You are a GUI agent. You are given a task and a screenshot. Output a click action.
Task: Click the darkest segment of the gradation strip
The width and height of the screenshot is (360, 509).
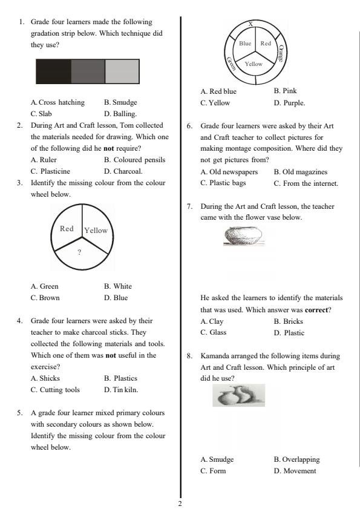(x=53, y=71)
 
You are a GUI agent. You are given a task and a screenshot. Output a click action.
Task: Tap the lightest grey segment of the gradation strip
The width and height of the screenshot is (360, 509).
(x=122, y=71)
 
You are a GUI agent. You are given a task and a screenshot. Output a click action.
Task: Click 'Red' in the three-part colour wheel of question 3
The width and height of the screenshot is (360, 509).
(x=67, y=229)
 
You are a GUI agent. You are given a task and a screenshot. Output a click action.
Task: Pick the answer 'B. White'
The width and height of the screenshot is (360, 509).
(x=118, y=286)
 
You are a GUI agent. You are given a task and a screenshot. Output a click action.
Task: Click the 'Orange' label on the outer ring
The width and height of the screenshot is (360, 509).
(x=280, y=53)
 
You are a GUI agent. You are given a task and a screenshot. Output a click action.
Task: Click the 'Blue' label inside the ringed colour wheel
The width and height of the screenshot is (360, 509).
(x=245, y=44)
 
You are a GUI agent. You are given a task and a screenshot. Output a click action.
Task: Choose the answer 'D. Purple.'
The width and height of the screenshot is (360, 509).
(x=289, y=103)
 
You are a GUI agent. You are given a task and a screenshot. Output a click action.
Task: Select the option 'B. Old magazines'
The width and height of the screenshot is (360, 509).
(x=300, y=172)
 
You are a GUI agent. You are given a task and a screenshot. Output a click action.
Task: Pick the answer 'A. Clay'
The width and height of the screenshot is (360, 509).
(x=212, y=321)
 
